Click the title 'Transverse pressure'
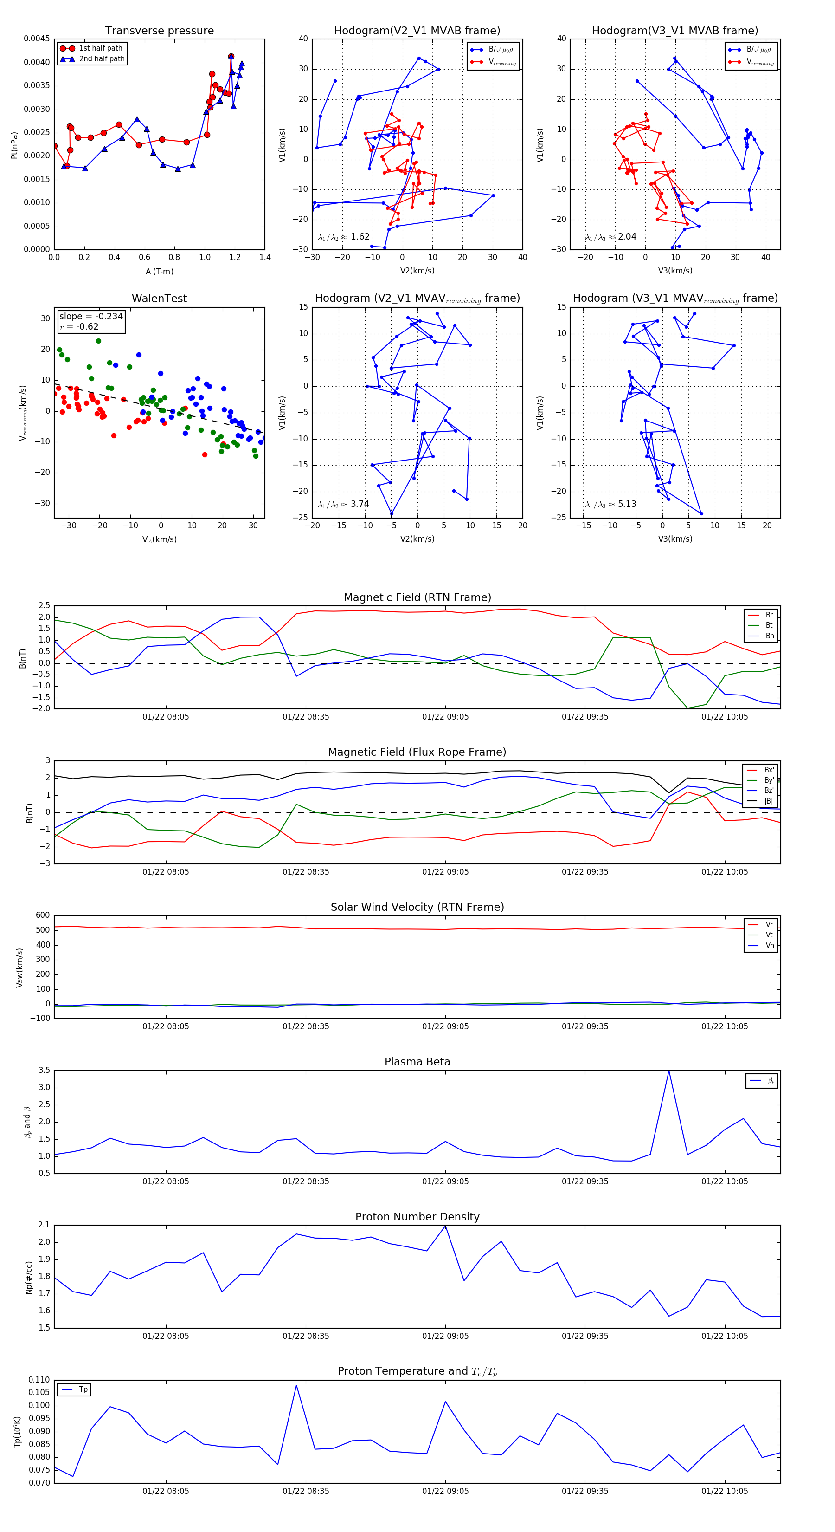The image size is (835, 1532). point(159,31)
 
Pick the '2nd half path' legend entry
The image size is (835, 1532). point(102,59)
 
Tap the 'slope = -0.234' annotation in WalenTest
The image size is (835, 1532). point(91,317)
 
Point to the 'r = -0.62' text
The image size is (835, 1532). point(79,326)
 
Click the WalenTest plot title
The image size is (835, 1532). point(159,299)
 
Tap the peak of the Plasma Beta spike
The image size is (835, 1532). point(668,1071)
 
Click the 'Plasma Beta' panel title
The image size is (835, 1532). point(417,1062)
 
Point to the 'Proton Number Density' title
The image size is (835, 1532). point(417,1217)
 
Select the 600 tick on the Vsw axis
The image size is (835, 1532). point(43,915)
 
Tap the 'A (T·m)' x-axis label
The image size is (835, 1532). point(159,271)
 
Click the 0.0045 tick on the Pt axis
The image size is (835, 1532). point(37,39)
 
